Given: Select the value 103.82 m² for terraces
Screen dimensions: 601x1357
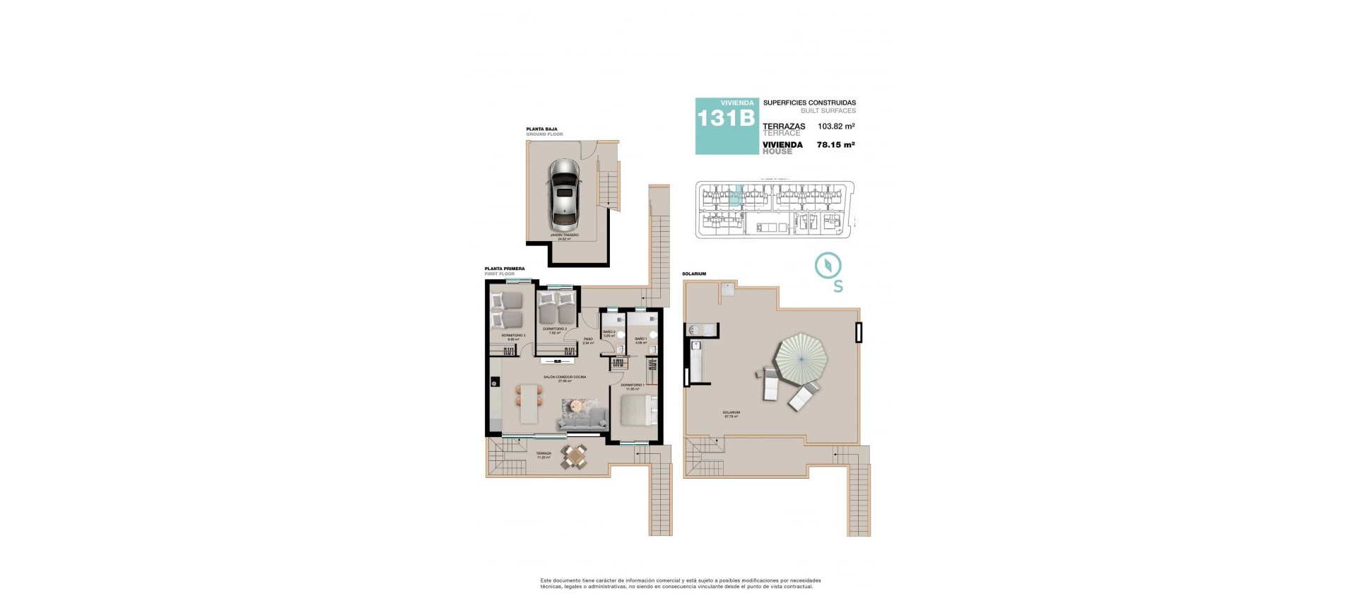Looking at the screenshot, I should (x=836, y=127).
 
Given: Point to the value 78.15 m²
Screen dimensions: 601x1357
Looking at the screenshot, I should (x=835, y=145).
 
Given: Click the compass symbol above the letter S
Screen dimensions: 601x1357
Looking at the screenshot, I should (x=828, y=265).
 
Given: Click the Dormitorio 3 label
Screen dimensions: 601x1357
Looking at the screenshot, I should (x=513, y=337).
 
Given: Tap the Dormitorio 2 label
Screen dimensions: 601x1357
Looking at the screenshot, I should (x=556, y=330).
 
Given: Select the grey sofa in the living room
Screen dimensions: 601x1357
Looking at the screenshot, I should (x=582, y=420).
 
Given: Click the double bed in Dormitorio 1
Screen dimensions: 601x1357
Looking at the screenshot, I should (x=640, y=411).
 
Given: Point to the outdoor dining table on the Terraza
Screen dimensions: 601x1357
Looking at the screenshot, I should (x=573, y=457).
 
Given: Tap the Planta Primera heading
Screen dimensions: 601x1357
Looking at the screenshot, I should (x=504, y=269).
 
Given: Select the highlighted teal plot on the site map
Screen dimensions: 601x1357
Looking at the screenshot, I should (x=736, y=195).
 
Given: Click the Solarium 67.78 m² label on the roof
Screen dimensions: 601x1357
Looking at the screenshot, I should (x=731, y=414).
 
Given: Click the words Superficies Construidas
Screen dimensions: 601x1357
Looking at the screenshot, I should (x=809, y=103).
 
